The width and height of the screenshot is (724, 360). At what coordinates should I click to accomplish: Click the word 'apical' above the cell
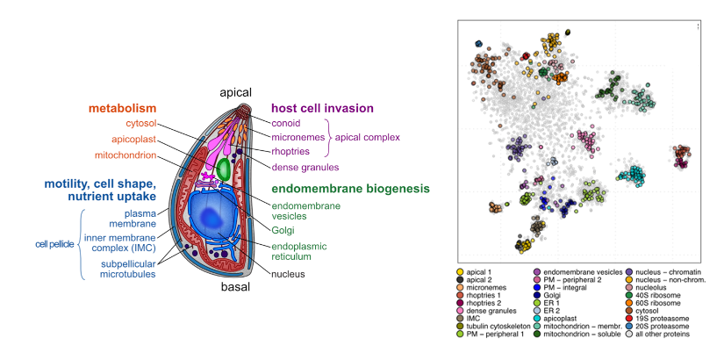pos(235,92)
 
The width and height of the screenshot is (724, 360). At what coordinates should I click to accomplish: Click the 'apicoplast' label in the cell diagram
pos(133,139)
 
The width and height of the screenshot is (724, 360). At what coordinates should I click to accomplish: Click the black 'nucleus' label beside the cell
pos(289,275)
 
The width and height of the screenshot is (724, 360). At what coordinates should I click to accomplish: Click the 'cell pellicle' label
pos(54,243)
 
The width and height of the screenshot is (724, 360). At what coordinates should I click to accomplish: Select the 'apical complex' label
pos(369,137)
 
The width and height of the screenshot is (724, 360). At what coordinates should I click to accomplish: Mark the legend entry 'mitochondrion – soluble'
pos(584,335)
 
